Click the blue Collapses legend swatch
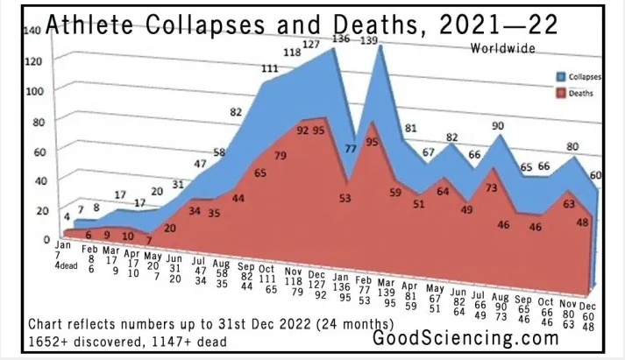(560, 77)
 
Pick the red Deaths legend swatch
(560, 89)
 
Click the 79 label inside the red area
(281, 156)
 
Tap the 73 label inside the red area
(493, 187)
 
